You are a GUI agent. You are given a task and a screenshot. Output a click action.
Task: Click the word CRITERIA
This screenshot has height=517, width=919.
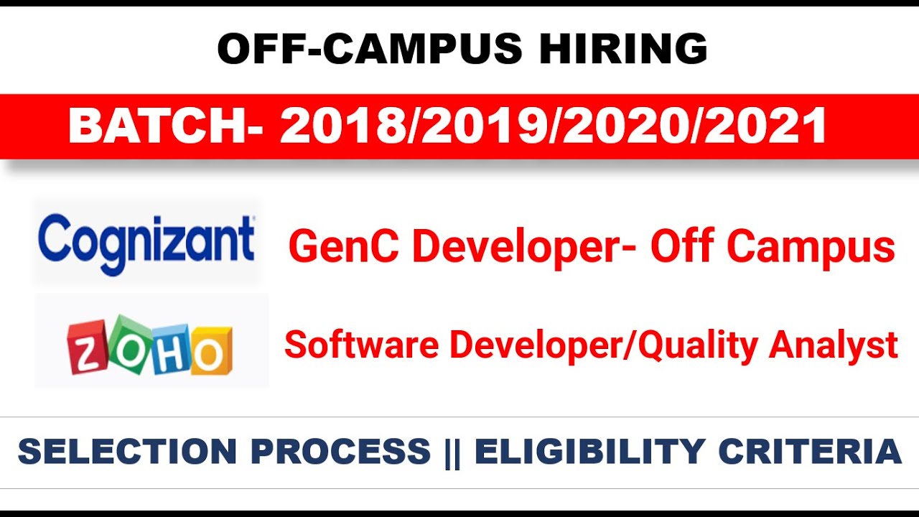point(810,452)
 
